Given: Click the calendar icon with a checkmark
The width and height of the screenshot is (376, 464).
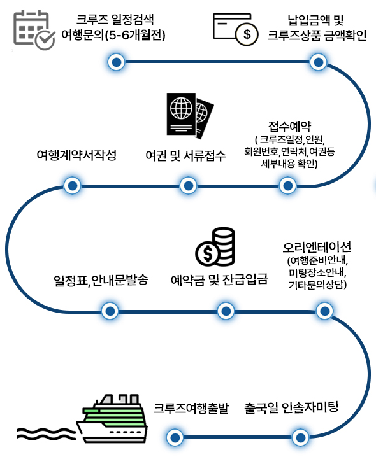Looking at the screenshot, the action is [34, 29].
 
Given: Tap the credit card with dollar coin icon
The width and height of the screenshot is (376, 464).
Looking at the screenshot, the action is [236, 29].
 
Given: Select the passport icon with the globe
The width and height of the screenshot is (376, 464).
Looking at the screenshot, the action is [190, 116].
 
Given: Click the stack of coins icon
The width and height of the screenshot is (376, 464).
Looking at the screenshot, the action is [215, 247].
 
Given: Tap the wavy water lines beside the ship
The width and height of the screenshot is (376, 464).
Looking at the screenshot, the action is [46, 433].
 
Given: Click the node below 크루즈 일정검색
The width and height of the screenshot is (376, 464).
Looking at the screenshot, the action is [116, 62].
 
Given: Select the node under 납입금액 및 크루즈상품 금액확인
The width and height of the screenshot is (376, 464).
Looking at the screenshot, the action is [318, 62].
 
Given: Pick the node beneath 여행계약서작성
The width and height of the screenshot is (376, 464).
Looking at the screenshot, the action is [73, 186].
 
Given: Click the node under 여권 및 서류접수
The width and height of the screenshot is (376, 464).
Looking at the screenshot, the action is [188, 186].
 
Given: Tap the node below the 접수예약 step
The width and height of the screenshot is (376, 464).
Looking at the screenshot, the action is [287, 186].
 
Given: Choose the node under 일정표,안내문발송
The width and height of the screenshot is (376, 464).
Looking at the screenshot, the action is [110, 311].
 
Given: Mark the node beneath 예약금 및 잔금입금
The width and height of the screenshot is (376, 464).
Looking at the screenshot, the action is [226, 311].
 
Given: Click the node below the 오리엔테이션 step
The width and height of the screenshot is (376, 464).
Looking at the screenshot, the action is [325, 311].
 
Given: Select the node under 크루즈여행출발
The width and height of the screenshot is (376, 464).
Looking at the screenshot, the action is [175, 437].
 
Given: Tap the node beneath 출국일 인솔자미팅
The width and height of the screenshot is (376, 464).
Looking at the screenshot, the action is [300, 437].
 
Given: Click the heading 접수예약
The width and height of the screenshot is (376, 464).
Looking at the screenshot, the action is [289, 127].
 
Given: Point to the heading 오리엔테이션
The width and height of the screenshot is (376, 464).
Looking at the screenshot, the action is [317, 247].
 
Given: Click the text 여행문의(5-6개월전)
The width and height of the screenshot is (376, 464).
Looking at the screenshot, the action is [113, 35].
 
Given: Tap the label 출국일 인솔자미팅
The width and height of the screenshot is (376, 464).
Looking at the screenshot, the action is [291, 407].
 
